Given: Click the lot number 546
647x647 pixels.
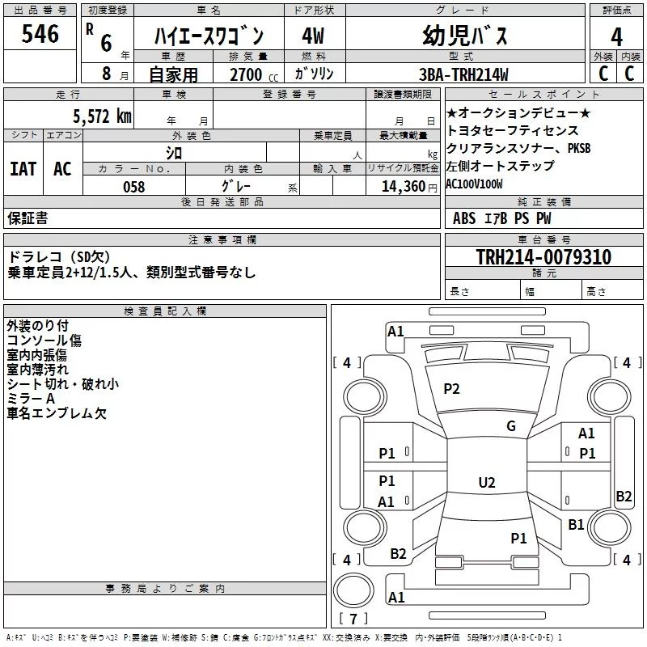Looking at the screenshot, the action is click(x=40, y=34).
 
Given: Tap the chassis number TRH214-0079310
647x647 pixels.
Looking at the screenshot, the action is click(x=543, y=257).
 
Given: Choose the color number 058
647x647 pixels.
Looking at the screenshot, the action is click(x=133, y=187).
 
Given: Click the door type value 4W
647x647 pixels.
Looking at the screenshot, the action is click(x=313, y=36).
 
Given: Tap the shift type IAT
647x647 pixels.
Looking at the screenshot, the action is click(x=23, y=169).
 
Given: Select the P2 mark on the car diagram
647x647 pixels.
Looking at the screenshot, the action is click(x=451, y=389).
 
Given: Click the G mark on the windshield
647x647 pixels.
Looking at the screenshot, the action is click(x=510, y=426).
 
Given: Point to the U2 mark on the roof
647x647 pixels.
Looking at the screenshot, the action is click(x=486, y=483).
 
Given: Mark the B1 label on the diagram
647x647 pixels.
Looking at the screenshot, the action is click(x=576, y=525).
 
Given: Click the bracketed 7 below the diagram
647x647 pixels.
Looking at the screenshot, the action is click(x=357, y=619).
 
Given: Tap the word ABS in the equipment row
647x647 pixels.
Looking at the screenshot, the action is click(x=464, y=218).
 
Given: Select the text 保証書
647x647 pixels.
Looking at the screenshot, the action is click(x=27, y=218).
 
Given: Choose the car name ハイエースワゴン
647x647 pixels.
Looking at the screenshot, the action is click(x=209, y=37).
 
